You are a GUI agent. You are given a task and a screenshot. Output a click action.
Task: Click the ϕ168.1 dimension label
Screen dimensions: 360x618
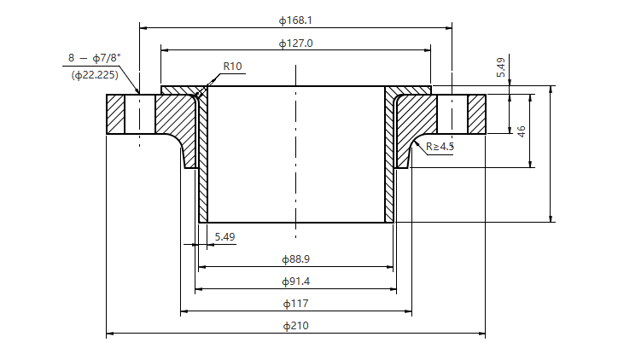[x=295, y=20]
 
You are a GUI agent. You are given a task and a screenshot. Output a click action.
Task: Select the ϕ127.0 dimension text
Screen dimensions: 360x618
[x=295, y=43]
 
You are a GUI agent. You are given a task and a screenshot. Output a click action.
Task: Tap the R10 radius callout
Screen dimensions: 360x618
[x=233, y=66]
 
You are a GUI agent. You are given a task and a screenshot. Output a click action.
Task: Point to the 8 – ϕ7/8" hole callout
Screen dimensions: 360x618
[x=95, y=58]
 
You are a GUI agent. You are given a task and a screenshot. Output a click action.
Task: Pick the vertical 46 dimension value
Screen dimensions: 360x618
[x=521, y=131]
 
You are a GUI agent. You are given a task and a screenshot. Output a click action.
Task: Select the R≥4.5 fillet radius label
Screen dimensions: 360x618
[x=440, y=147]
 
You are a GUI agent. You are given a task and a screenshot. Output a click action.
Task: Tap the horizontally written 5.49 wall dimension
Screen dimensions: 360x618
[x=224, y=236]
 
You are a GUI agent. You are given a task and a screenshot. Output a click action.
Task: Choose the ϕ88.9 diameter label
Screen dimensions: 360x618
[x=295, y=258]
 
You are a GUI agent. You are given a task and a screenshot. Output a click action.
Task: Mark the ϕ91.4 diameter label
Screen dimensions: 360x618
[x=295, y=281]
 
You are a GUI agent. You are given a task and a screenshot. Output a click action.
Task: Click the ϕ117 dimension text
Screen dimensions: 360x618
[x=295, y=303]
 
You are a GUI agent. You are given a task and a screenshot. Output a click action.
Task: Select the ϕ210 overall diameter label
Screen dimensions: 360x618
[x=295, y=325]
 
